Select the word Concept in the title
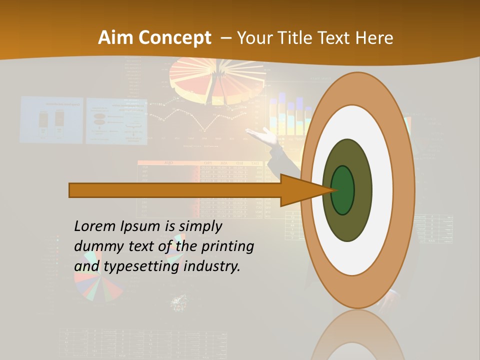point(175,38)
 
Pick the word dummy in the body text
point(95,246)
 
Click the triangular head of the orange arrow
point(300,190)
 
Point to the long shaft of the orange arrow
point(175,190)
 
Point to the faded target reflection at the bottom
point(357,337)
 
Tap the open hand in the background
point(262,134)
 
